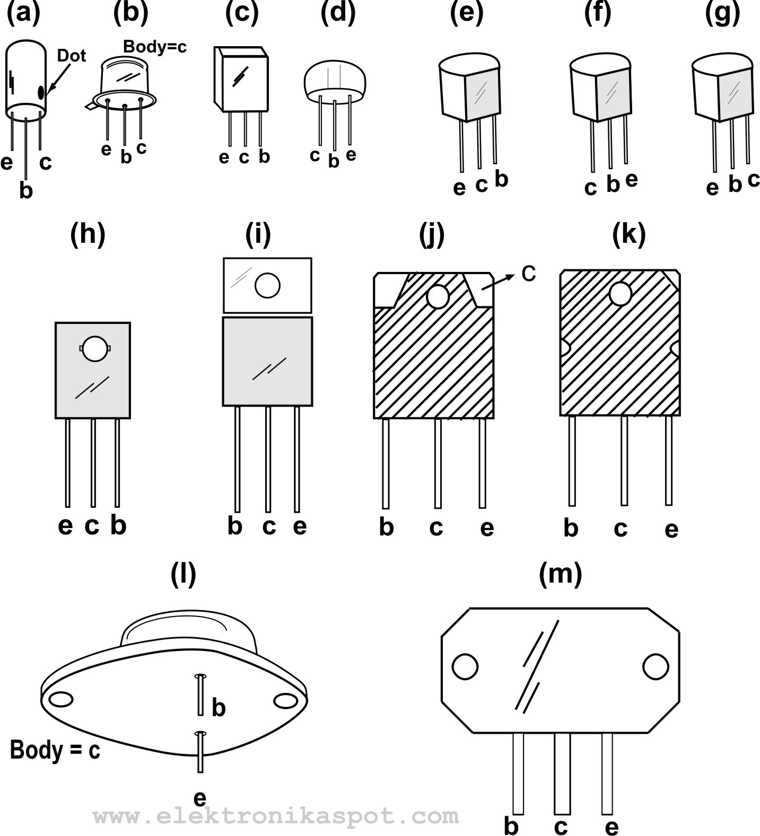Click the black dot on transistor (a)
pos(41,92)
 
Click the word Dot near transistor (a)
pos(71,56)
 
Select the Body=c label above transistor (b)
pos(155,47)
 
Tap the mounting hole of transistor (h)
pos(95,348)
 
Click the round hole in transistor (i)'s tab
pos(267,286)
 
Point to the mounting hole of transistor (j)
pos(438,297)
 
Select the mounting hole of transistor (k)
pos(621,294)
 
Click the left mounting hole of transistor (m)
pos(465,667)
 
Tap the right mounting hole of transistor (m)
pos(656,667)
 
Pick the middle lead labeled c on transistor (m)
pos(562,773)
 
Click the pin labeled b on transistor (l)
pos(200,694)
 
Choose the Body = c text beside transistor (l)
pos(55,751)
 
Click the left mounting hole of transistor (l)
pos(60,699)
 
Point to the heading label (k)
pos(628,234)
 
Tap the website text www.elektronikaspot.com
pos(276,815)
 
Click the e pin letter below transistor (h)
pos(65,526)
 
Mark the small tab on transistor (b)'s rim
pos(91,107)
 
